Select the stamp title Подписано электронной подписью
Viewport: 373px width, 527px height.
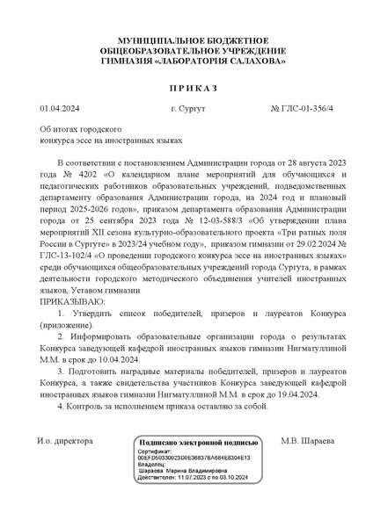[197, 444]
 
